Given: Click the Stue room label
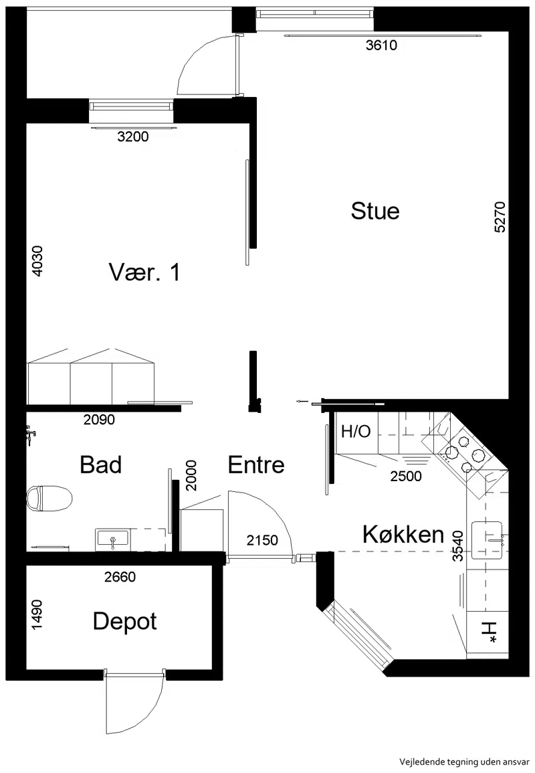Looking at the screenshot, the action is click(x=375, y=211).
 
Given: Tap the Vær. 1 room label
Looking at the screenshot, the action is click(x=144, y=272).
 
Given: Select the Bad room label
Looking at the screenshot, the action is click(x=100, y=465).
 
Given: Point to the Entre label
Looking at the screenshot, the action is click(x=256, y=465).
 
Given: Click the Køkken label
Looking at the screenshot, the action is click(x=403, y=534).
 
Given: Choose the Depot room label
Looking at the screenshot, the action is click(x=124, y=622).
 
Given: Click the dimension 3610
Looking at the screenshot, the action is click(x=381, y=46).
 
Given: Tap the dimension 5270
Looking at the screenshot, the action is click(x=499, y=217).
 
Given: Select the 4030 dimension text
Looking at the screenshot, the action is click(x=37, y=261).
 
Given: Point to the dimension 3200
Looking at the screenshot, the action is click(x=133, y=137).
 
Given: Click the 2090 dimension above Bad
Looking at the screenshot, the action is click(x=99, y=420).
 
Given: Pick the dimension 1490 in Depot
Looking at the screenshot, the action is click(x=37, y=614).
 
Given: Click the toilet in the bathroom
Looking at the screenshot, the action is click(x=49, y=498).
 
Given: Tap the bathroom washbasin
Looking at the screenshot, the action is click(x=113, y=538).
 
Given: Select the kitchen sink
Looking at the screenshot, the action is click(x=488, y=540).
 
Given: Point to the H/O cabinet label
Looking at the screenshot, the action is click(x=356, y=432).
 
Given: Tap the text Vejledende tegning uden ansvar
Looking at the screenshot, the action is click(x=464, y=762).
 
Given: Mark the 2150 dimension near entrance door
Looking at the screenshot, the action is click(x=262, y=540).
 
